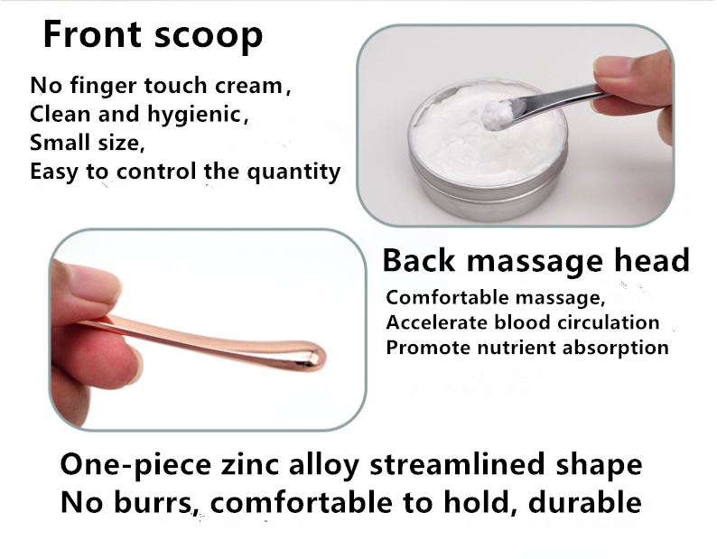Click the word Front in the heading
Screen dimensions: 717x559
[x=92, y=33]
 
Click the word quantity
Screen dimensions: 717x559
[x=294, y=172]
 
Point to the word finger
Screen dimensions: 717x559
[x=103, y=86]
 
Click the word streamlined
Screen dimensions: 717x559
[x=457, y=464]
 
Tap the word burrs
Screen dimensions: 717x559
[x=153, y=502]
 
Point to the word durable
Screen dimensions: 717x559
[x=585, y=502]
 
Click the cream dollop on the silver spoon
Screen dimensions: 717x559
[x=498, y=114]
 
